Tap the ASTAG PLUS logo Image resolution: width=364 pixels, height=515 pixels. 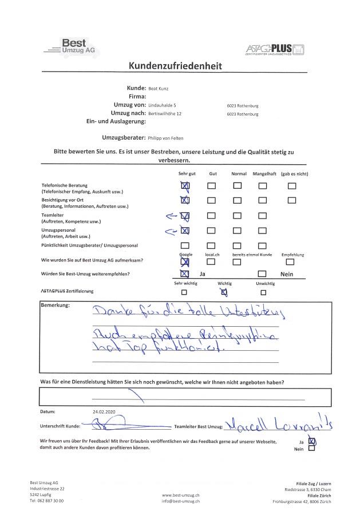tap(275, 49)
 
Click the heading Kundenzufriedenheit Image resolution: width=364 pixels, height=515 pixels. tap(175, 66)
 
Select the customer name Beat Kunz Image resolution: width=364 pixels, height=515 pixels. tap(159, 89)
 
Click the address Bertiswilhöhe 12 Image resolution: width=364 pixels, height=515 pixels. tap(165, 114)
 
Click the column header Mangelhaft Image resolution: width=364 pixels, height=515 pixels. tap(264, 173)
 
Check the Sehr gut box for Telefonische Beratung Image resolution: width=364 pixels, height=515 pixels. tap(184, 186)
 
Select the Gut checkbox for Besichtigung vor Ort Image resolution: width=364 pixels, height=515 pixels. tap(212, 200)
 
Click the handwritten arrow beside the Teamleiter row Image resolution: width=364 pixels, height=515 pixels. tap(171, 216)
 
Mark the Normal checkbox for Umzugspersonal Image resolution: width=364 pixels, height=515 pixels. tap(237, 231)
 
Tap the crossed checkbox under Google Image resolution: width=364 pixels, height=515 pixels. tap(184, 262)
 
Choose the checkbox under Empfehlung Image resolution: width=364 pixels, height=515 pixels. tap(290, 262)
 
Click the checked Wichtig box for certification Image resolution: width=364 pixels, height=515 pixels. tap(224, 292)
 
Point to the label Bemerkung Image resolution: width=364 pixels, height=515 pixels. tap(55, 305)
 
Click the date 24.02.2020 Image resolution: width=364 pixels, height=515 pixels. tap(104, 411)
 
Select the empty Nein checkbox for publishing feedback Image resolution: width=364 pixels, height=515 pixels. tap(311, 449)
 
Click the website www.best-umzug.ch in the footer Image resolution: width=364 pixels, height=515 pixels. tap(181, 494)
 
